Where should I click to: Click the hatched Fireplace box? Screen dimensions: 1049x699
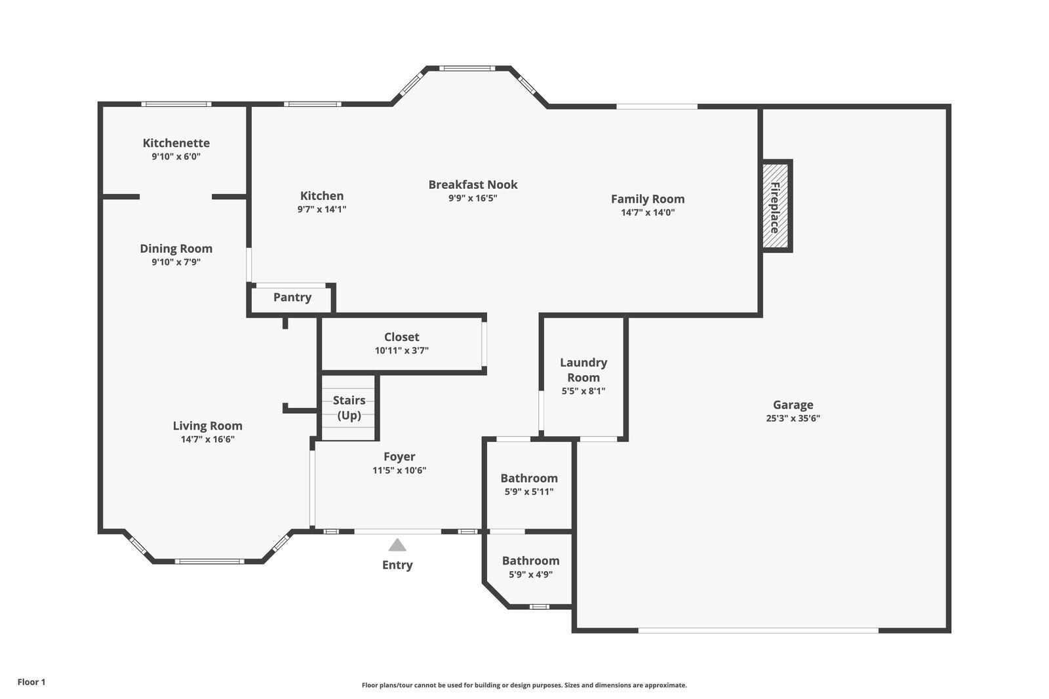click(x=775, y=206)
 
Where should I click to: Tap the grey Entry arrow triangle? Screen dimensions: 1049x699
click(x=397, y=545)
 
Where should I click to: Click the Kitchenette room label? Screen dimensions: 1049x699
click(x=176, y=143)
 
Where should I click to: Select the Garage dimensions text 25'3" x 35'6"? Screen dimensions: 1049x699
click(x=793, y=418)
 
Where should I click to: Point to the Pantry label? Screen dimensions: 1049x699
click(x=292, y=297)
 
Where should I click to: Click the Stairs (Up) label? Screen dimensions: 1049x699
click(x=349, y=408)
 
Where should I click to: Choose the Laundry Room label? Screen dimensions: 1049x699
click(x=584, y=370)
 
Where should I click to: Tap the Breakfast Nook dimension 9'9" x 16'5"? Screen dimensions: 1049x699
click(x=473, y=198)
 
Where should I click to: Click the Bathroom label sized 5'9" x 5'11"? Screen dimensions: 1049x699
click(x=529, y=478)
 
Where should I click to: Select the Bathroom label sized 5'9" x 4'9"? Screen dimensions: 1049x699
click(x=530, y=561)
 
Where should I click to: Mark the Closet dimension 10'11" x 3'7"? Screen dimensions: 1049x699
click(x=402, y=350)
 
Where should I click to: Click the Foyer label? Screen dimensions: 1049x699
click(x=399, y=457)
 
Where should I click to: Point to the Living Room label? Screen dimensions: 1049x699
click(x=207, y=426)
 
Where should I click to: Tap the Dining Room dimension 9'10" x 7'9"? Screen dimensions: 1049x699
click(x=176, y=262)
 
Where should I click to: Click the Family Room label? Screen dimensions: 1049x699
click(x=648, y=199)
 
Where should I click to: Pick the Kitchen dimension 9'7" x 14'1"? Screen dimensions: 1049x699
click(x=322, y=209)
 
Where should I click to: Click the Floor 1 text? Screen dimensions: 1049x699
click(x=31, y=682)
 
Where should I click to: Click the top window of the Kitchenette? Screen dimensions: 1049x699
click(x=176, y=104)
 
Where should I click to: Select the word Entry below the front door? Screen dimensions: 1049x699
click(x=397, y=565)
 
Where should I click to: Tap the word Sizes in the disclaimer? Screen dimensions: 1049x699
click(x=574, y=685)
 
